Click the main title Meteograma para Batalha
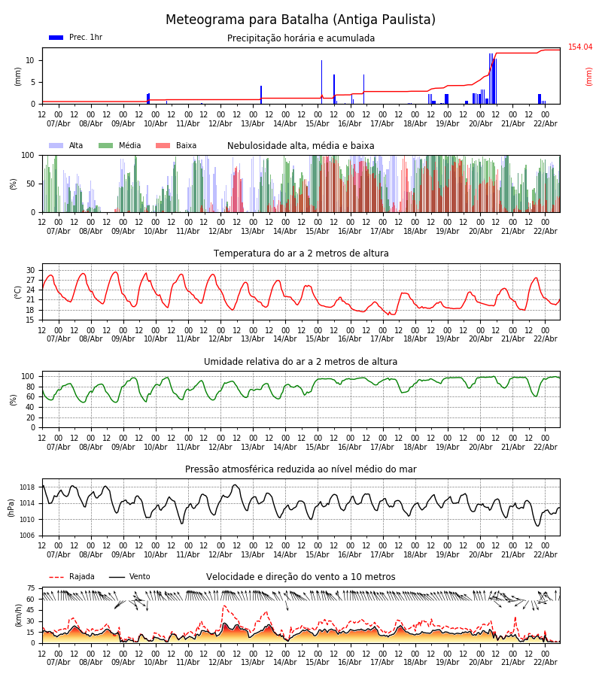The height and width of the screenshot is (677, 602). click(x=300, y=20)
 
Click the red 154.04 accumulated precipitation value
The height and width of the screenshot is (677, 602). click(x=579, y=47)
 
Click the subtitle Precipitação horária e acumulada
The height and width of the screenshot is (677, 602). click(x=300, y=38)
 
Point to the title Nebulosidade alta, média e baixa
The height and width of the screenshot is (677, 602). click(x=300, y=146)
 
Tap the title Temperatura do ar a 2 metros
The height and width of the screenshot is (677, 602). click(x=300, y=253)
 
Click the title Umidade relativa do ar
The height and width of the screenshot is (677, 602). click(x=300, y=362)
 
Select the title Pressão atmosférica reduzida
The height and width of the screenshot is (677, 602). click(x=300, y=469)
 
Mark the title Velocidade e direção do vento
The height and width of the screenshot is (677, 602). click(x=300, y=577)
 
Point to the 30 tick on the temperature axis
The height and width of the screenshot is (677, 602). click(x=31, y=270)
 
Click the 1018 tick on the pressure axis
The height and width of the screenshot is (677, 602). click(x=27, y=487)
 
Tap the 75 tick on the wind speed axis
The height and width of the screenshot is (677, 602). click(x=31, y=588)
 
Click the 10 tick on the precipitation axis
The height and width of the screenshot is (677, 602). click(x=31, y=60)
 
